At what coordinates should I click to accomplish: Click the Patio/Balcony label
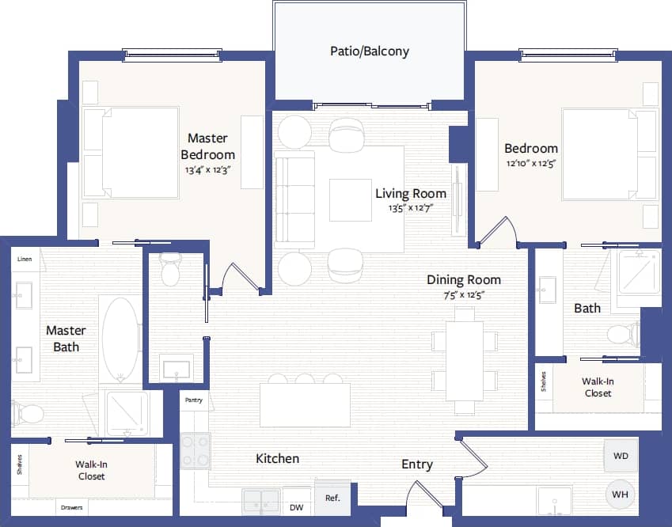370,51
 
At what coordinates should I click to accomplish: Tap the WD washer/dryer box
621,456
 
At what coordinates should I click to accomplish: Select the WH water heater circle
621,495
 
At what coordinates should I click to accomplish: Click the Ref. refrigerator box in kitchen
332,498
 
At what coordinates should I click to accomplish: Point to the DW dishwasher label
296,507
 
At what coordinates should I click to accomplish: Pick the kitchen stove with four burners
194,450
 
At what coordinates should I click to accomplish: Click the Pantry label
194,400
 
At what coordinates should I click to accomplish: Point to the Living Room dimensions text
410,208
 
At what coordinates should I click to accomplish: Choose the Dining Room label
464,279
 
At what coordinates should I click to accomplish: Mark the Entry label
416,464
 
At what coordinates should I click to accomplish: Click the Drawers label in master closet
71,507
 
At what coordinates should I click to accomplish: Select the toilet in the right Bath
623,333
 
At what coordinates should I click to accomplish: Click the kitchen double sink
261,502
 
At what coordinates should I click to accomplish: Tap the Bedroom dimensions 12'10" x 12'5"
530,164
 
